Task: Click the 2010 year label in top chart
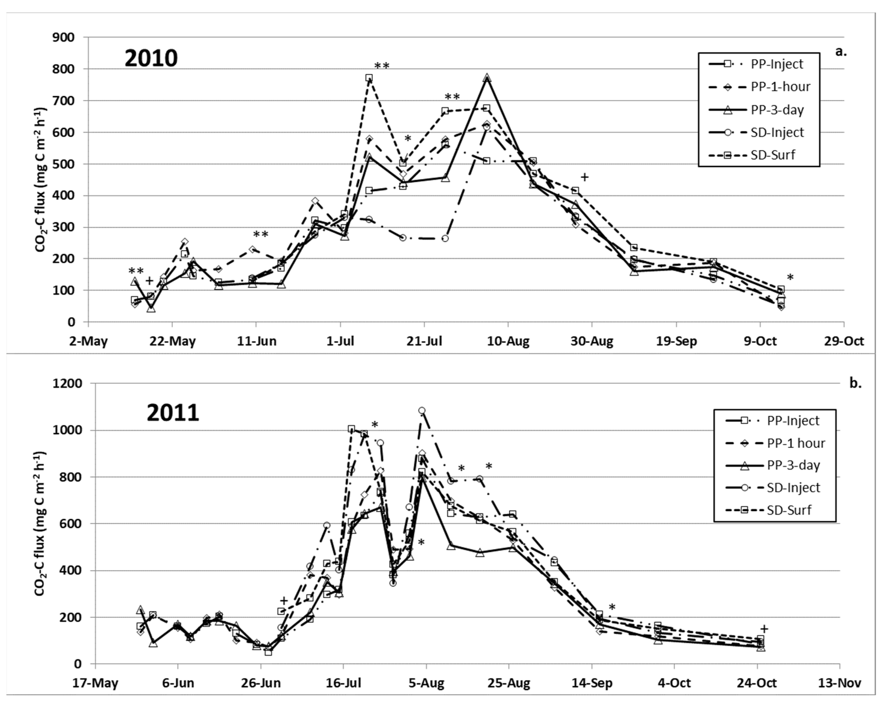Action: [151, 58]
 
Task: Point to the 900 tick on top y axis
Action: [64, 38]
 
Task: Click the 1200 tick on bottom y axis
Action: [68, 383]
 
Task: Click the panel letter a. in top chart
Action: [841, 52]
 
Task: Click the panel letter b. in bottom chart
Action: [855, 383]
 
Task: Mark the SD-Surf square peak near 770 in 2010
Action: [369, 78]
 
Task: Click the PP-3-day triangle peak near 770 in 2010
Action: [487, 77]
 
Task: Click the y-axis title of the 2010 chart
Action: [41, 180]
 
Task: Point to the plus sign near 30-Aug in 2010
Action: [584, 177]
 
